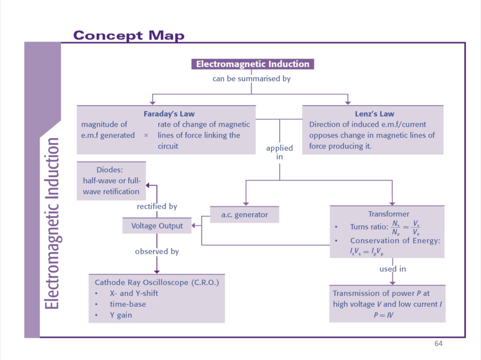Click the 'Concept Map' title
point(129,36)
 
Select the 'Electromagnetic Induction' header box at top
point(253,64)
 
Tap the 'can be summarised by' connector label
point(252,79)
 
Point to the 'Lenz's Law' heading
point(373,114)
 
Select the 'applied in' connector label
point(279,152)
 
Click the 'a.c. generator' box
point(245,215)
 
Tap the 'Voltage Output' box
point(157,226)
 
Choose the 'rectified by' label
point(157,206)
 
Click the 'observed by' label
point(157,251)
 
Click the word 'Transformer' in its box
point(388,214)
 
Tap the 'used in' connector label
point(392,269)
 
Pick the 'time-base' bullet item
point(128,304)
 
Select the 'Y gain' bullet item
point(121,315)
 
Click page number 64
point(438,343)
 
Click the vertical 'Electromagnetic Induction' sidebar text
point(52,223)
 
